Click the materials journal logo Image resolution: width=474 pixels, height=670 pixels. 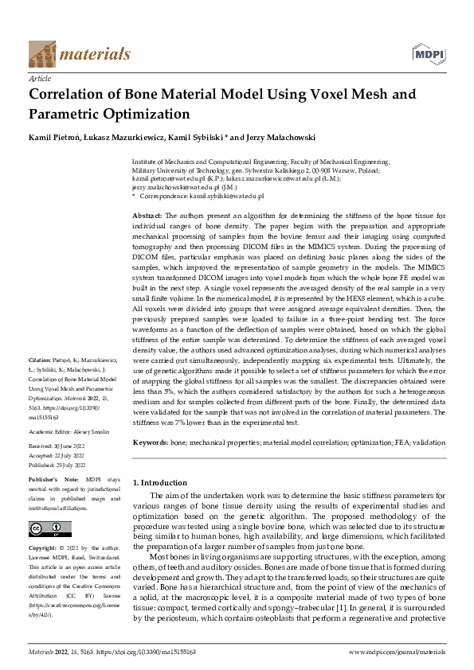point(79,53)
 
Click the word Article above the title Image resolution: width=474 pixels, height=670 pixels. point(39,80)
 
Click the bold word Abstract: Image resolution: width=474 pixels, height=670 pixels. point(147,216)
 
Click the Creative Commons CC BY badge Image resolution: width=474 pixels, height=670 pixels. point(49,528)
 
